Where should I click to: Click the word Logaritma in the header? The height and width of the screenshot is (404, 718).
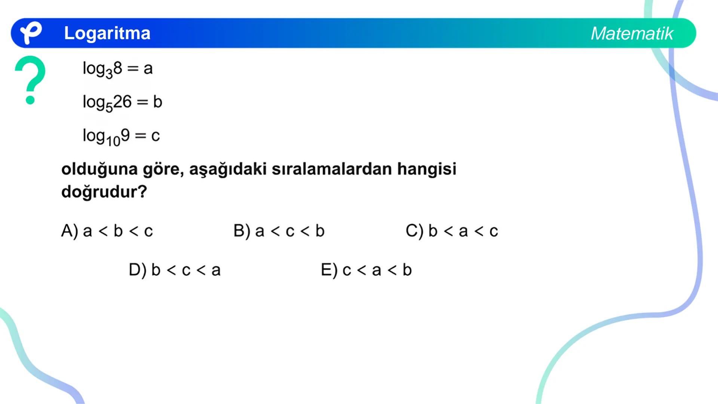(x=107, y=33)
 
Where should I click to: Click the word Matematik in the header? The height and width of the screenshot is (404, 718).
(x=632, y=34)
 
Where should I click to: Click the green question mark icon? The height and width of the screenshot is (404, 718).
(x=30, y=79)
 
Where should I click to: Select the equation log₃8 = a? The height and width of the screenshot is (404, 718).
(x=117, y=69)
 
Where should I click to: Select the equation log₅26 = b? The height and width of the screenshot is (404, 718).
(x=122, y=102)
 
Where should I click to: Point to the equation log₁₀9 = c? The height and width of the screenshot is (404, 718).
(x=121, y=136)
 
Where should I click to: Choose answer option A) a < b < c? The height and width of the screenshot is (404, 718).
(x=107, y=231)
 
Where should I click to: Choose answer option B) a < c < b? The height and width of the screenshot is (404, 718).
(x=279, y=231)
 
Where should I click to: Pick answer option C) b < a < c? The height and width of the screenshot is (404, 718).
(x=452, y=231)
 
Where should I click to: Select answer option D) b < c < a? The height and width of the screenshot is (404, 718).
(x=175, y=270)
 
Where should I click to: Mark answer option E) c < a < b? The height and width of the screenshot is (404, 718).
(x=366, y=270)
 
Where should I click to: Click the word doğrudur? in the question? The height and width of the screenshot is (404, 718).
(x=104, y=192)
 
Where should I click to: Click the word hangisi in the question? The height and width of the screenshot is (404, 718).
(x=427, y=169)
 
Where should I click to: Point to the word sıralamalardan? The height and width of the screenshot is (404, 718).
(x=331, y=169)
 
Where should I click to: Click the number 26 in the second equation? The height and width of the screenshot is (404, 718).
(x=122, y=102)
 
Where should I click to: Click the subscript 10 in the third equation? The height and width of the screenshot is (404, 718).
(x=113, y=141)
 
